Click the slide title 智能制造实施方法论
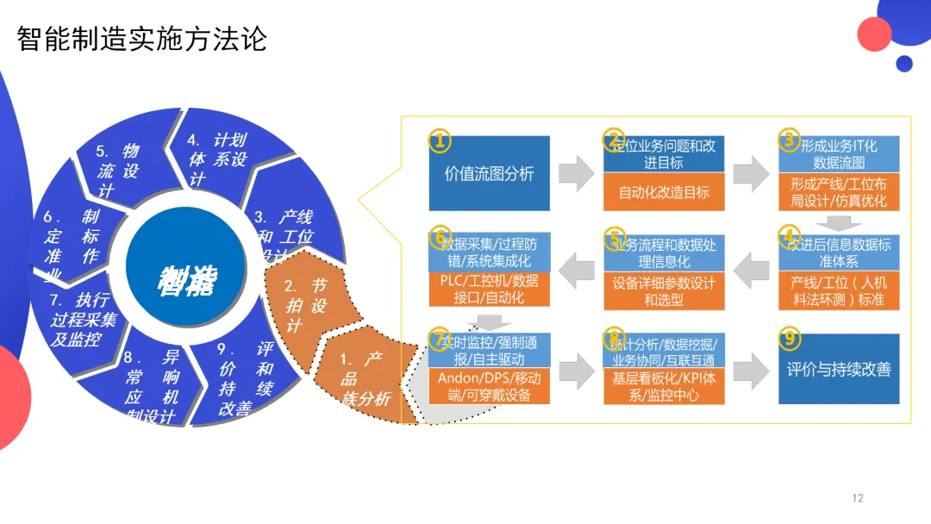(x=142, y=39)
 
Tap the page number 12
(x=857, y=498)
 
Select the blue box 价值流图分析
(x=489, y=173)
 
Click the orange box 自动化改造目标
(x=664, y=192)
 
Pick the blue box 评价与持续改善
(x=838, y=370)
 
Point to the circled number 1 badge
(x=440, y=140)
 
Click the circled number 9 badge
(x=789, y=338)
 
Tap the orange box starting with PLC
(x=488, y=290)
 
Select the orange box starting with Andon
(x=488, y=387)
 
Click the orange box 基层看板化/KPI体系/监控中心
(x=664, y=387)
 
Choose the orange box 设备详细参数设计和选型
(x=664, y=291)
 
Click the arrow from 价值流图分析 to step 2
(x=577, y=173)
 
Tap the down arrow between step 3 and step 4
(x=838, y=220)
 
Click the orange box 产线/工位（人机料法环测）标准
(x=838, y=291)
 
